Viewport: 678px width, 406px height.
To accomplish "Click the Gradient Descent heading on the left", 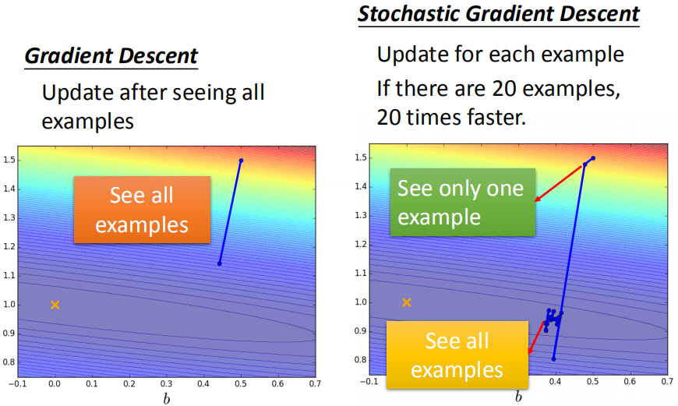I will (111, 56).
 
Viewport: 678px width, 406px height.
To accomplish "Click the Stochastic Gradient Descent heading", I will (499, 14).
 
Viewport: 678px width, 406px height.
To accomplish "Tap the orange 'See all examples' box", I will (142, 210).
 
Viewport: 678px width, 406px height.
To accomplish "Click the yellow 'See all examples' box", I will (457, 355).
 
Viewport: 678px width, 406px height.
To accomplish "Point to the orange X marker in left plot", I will (55, 305).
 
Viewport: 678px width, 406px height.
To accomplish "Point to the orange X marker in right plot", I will (406, 302).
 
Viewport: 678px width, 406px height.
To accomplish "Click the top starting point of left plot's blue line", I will (241, 161).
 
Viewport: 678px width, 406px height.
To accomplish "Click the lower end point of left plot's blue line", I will (220, 263).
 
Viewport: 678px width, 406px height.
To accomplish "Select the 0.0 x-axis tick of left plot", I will (55, 384).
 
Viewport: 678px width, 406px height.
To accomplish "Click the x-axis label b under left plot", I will (165, 397).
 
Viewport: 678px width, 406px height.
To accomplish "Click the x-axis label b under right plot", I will (518, 397).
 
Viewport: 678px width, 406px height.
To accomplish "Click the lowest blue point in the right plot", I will (554, 358).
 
